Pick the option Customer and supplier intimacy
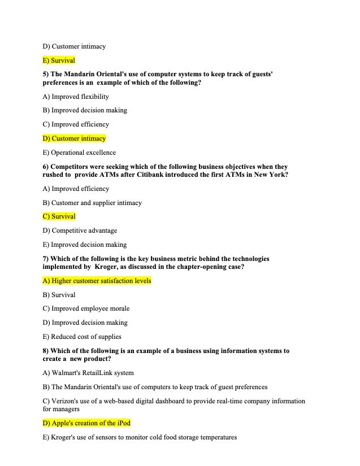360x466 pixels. click(97, 203)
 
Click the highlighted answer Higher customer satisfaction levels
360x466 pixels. click(101, 281)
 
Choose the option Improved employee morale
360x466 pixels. click(90, 308)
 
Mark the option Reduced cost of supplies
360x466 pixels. click(86, 337)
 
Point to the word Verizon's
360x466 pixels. click(65, 401)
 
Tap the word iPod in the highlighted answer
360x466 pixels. click(124, 423)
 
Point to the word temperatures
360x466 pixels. click(216, 437)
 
